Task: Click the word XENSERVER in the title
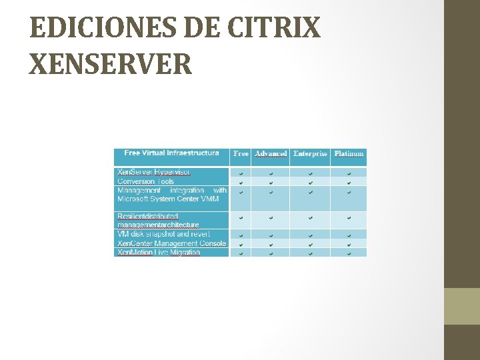pos(111,64)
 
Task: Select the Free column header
pos(241,154)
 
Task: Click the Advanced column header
pos(271,154)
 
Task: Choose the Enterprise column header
pos(311,154)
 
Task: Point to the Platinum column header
pos(349,154)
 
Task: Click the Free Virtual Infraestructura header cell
pos(171,153)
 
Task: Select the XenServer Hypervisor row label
pos(153,172)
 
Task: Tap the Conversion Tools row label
pos(145,181)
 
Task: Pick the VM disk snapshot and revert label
pos(163,234)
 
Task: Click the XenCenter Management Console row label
pos(171,243)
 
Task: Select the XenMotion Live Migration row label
pos(158,253)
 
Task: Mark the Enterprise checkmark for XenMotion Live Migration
pos(311,253)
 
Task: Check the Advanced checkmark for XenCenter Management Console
pos(271,244)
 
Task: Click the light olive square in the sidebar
pos(462,306)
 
